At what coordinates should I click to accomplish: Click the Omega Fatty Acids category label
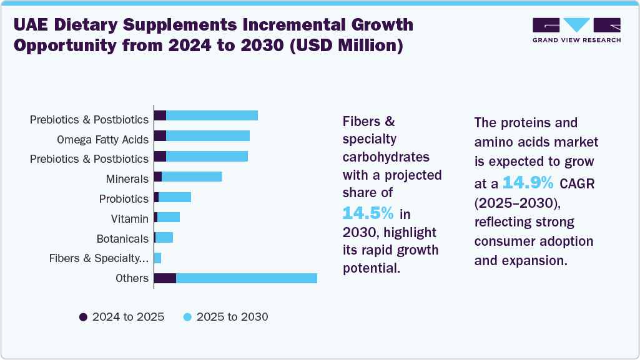pos(102,139)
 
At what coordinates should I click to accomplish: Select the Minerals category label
pos(127,180)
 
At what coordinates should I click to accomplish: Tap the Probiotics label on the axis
pos(124,199)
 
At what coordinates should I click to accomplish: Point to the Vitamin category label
pos(129,218)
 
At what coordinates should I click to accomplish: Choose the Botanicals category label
pos(122,238)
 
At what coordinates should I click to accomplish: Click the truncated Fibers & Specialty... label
pos(99,258)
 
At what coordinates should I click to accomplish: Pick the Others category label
pos(132,278)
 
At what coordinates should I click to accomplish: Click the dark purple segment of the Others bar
pos(165,278)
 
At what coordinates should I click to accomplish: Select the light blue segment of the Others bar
pos(247,278)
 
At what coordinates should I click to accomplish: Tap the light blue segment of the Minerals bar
pos(192,177)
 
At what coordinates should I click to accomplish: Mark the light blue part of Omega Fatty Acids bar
pos(208,136)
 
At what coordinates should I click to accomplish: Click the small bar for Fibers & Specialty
pos(157,258)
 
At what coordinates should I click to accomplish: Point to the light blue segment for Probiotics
pos(175,197)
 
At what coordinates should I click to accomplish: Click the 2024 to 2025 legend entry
pos(122,317)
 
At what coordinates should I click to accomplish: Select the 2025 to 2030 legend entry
pos(225,317)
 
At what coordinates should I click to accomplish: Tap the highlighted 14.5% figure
pos(368,213)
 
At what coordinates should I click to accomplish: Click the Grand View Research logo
pos(576,30)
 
